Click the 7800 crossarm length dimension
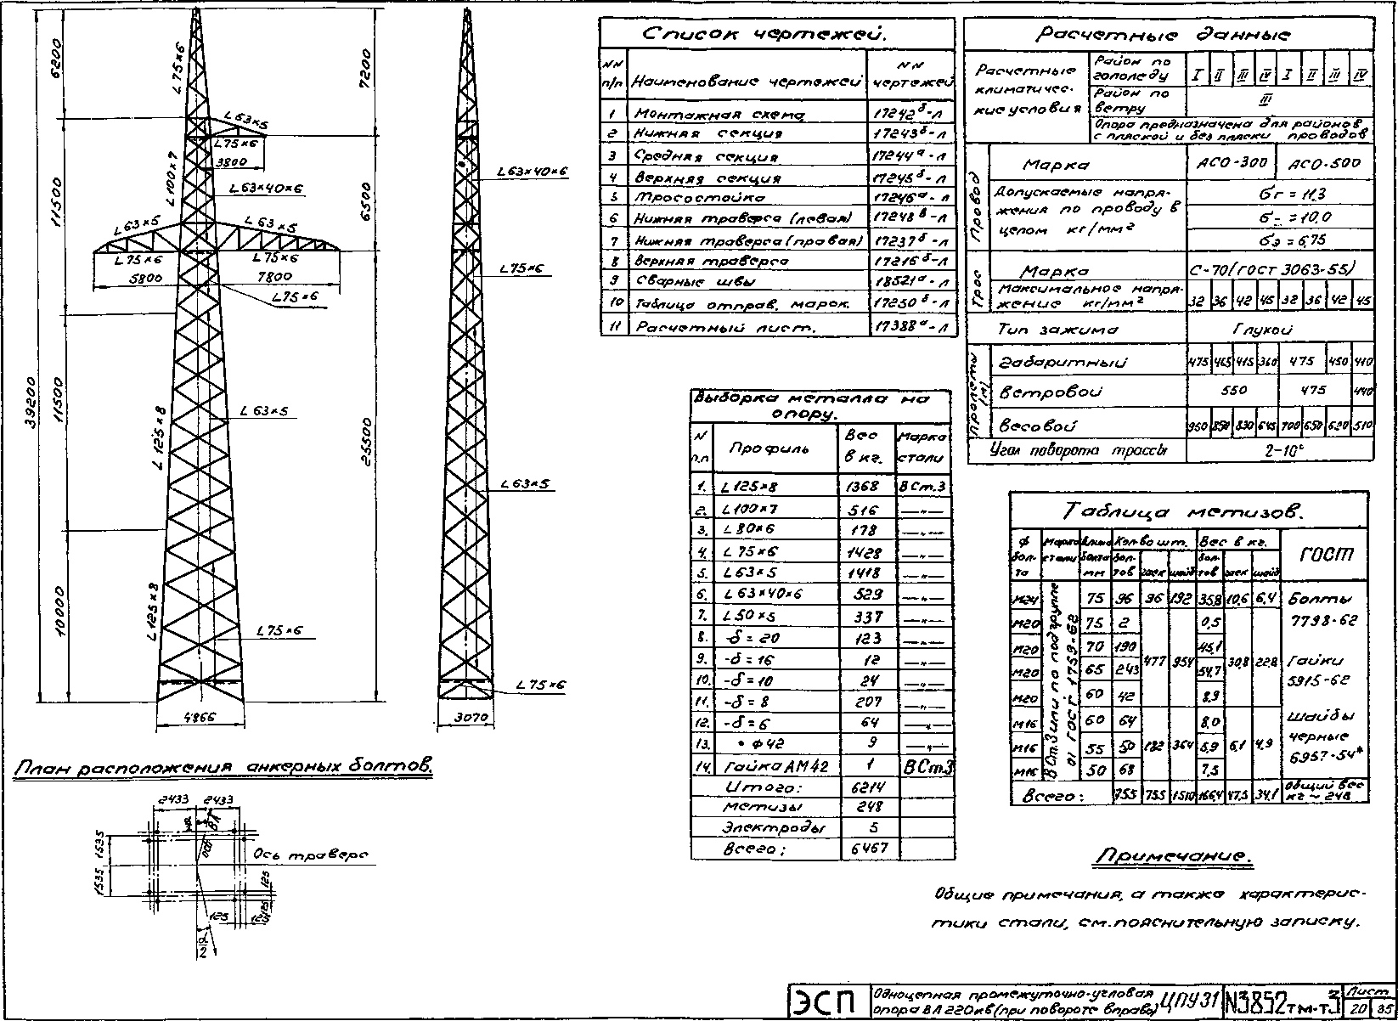pyautogui.click(x=273, y=276)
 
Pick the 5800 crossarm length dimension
pyautogui.click(x=138, y=277)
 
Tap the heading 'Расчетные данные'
pyautogui.click(x=1164, y=35)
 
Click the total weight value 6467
pyautogui.click(x=865, y=849)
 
